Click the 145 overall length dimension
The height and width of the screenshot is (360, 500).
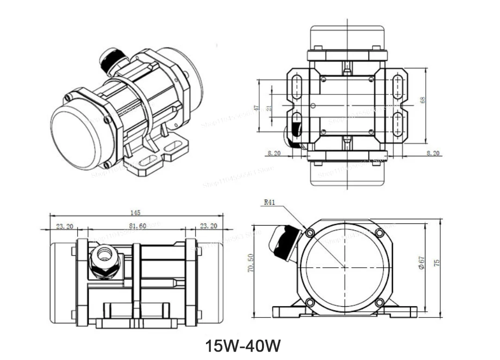135,213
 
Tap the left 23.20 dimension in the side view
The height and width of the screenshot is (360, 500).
64,226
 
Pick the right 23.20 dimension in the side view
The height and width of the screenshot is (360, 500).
208,226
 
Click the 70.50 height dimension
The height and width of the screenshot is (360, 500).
250,263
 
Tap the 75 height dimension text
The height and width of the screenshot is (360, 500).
437,263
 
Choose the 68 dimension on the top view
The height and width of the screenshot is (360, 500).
422,100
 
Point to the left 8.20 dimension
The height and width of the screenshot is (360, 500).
274,153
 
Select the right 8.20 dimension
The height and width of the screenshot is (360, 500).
433,153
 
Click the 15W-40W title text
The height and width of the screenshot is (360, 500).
243,346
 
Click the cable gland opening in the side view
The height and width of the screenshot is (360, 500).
103,254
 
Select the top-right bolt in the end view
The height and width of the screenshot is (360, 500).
379,233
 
